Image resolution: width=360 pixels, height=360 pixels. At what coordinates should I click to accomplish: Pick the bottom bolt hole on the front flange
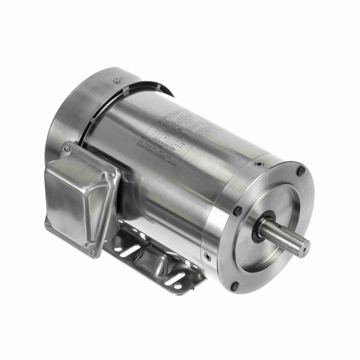tap(234, 286)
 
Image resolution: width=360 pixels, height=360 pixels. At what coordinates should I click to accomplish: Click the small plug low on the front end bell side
tap(207, 257)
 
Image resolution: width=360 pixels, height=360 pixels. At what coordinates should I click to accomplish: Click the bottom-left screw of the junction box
tap(48, 223)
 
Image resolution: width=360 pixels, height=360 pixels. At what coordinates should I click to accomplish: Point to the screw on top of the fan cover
tap(117, 79)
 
